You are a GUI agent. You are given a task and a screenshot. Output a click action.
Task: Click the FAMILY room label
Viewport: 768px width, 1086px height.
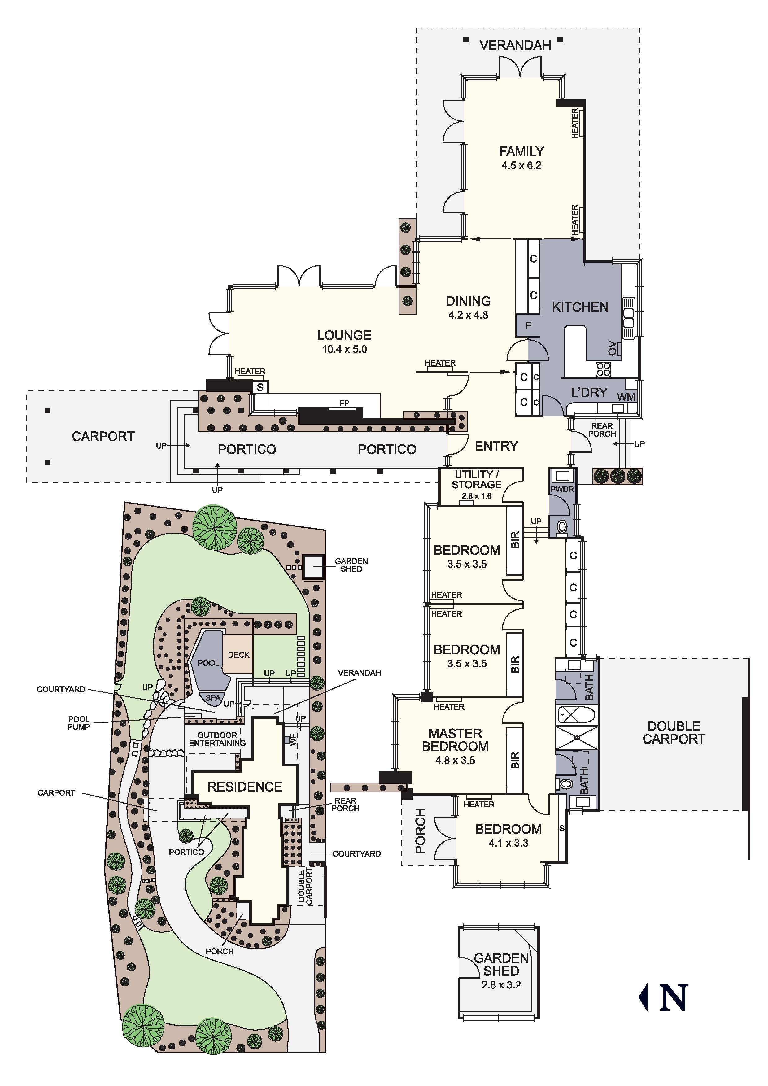(x=521, y=151)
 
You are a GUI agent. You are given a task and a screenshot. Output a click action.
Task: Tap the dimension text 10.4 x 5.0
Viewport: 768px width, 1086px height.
(x=344, y=350)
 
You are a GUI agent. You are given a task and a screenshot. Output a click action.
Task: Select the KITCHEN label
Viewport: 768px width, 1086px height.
(x=580, y=307)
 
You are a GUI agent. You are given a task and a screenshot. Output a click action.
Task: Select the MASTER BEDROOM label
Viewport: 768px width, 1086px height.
(x=455, y=740)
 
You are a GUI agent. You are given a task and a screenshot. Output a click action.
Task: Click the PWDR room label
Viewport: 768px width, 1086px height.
(x=562, y=489)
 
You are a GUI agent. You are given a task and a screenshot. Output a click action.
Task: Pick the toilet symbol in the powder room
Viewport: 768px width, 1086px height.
(x=562, y=526)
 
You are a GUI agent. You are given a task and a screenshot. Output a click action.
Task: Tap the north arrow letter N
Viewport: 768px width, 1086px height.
(x=674, y=997)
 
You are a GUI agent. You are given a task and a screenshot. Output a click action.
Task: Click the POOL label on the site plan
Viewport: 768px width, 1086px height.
(x=208, y=663)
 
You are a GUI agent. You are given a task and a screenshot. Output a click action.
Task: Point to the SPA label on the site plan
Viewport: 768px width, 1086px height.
(x=213, y=698)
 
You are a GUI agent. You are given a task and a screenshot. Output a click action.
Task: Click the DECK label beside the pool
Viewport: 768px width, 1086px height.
(x=239, y=655)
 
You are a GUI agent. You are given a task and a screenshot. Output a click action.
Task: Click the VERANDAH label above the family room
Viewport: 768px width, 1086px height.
(x=515, y=46)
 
